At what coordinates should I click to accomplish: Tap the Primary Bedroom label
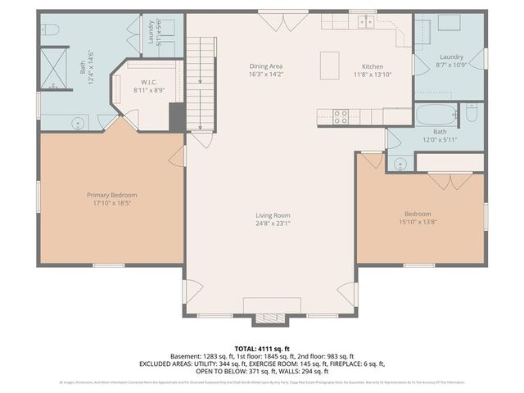click(x=112, y=195)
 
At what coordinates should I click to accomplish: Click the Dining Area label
click(x=265, y=65)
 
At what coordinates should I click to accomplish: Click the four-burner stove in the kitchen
click(x=341, y=116)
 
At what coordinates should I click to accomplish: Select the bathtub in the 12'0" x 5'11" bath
click(x=433, y=114)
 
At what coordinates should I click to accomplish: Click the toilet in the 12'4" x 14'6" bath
click(x=49, y=29)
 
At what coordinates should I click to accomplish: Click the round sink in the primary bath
click(x=77, y=124)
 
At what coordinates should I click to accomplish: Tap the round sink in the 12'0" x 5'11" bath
click(x=400, y=163)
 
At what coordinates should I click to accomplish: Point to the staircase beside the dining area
click(x=201, y=82)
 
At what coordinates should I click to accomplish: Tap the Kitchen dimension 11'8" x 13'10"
click(x=373, y=74)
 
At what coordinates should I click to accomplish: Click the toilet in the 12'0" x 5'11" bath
click(x=472, y=116)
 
